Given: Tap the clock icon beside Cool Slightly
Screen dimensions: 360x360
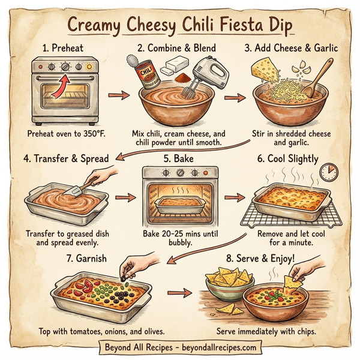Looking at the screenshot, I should point(327,173).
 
